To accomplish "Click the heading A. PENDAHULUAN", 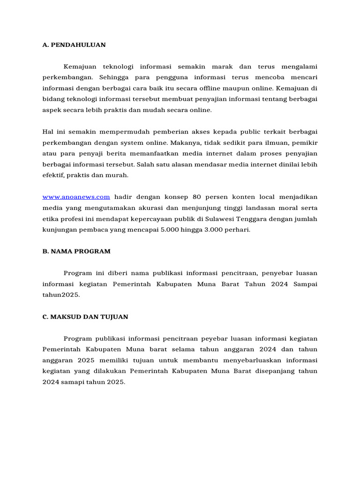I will coord(74,45).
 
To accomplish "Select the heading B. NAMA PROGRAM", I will coord(76,251).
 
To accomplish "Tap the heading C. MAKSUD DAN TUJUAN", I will coord(85,317).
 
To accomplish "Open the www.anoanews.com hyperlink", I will coord(76,197).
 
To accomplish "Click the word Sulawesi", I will coord(220,219).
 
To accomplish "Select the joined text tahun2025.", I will coord(61,295).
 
